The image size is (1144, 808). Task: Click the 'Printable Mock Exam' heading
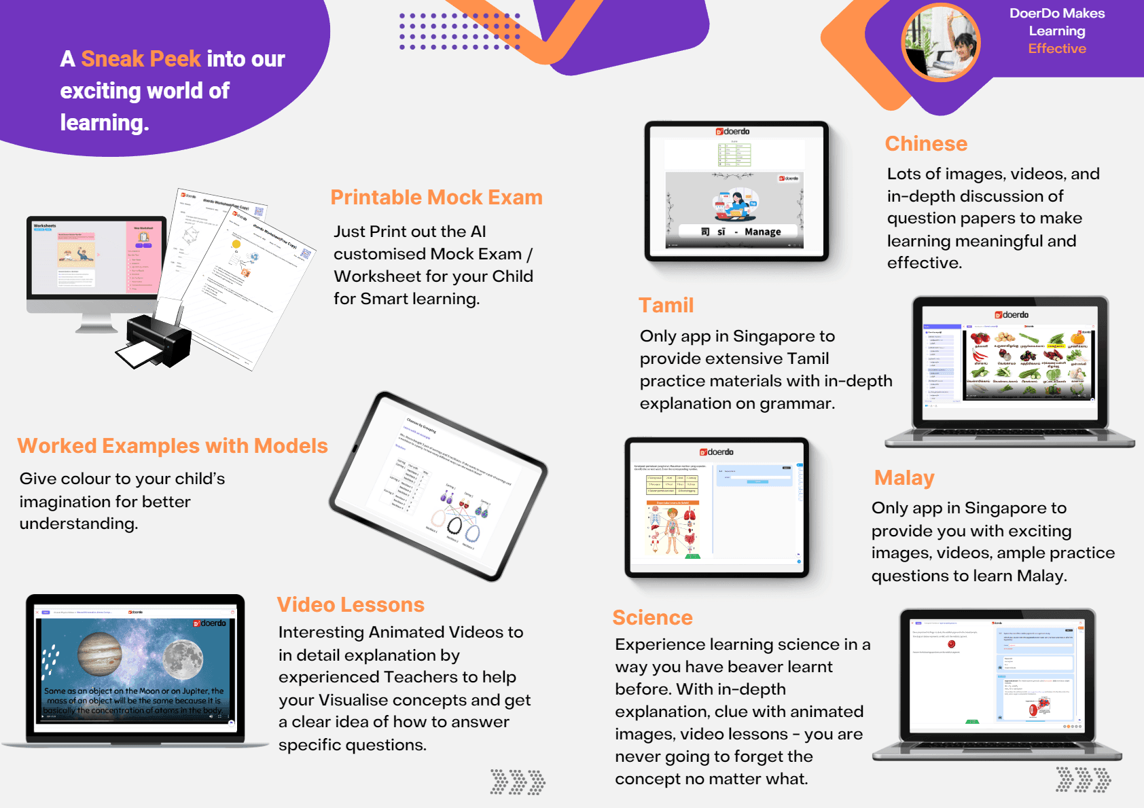click(x=436, y=198)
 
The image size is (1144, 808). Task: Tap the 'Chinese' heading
click(x=926, y=144)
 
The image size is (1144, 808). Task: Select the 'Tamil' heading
click(x=666, y=306)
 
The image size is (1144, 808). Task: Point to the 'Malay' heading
click(x=904, y=478)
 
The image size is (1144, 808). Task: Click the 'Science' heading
click(x=652, y=618)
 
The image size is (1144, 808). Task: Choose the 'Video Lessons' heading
click(x=351, y=605)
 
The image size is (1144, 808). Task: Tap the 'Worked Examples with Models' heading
click(x=173, y=446)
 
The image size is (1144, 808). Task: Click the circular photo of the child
click(x=941, y=43)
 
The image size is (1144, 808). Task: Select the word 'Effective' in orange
click(x=1057, y=49)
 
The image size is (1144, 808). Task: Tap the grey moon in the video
click(x=183, y=657)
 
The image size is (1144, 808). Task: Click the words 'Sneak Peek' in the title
click(x=141, y=59)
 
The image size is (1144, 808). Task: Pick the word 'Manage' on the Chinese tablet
click(x=762, y=232)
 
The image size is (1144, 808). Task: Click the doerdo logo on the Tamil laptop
click(x=1012, y=315)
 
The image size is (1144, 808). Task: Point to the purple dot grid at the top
click(x=459, y=31)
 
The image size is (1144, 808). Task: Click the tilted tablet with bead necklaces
click(x=438, y=485)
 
